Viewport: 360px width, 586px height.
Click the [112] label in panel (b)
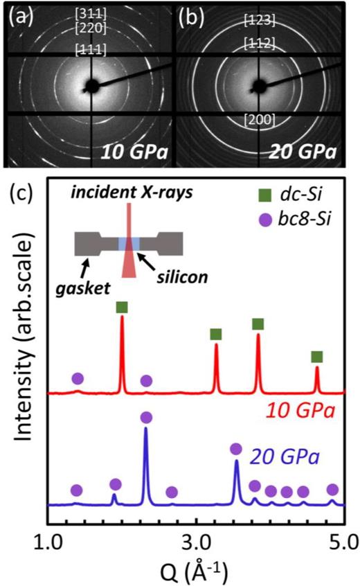point(260,45)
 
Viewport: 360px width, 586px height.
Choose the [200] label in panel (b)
point(260,120)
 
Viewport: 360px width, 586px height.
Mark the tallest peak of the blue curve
point(145,429)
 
